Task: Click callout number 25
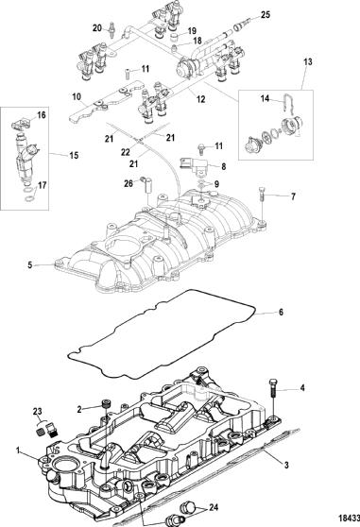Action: (x=266, y=15)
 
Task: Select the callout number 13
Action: (x=308, y=61)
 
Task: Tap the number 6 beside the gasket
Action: (x=281, y=313)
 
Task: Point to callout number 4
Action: (x=302, y=388)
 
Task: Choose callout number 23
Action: (x=37, y=411)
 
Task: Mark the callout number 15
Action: (x=74, y=155)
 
